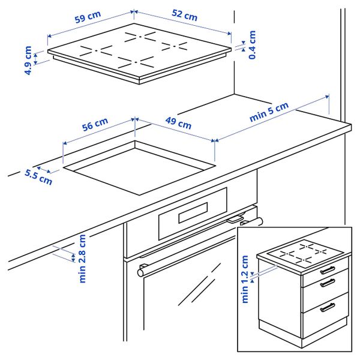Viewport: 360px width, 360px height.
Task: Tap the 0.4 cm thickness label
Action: click(x=253, y=44)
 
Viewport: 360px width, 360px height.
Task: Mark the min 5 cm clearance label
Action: click(x=269, y=112)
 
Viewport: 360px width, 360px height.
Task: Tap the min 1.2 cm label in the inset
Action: click(x=245, y=279)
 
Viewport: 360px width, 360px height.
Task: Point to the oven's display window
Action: click(x=187, y=212)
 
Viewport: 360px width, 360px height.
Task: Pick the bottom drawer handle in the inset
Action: click(x=328, y=307)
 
